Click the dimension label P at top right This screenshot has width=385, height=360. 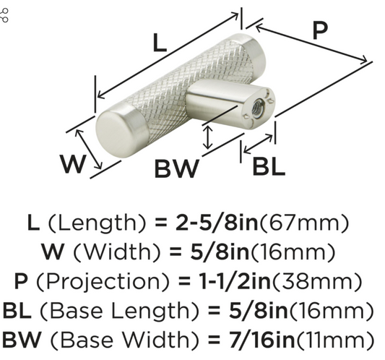pyautogui.click(x=320, y=30)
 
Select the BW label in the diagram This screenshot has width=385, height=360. pyautogui.click(x=177, y=168)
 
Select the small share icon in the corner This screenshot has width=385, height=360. pyautogui.click(x=4, y=15)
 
